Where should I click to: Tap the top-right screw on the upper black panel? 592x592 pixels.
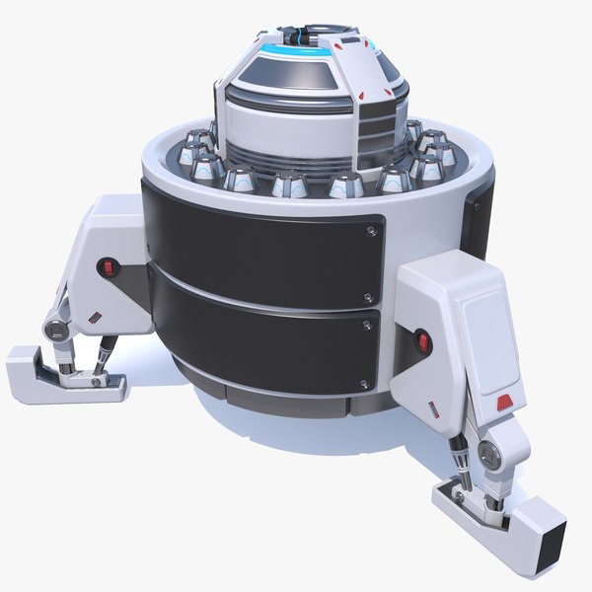click(x=369, y=232)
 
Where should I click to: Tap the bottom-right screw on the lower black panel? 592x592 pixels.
click(x=367, y=379)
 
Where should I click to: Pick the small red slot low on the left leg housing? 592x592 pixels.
click(x=95, y=317)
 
